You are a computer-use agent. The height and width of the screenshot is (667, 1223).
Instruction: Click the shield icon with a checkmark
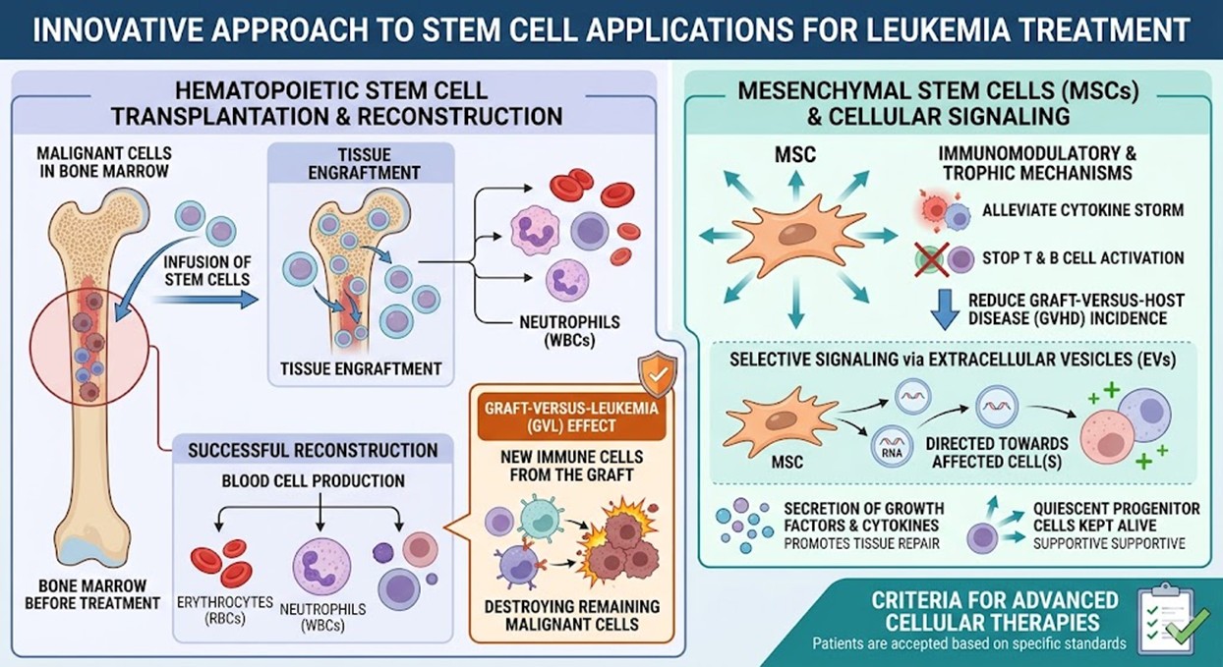[657, 373]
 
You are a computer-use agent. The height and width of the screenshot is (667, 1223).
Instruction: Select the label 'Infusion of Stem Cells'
[207, 271]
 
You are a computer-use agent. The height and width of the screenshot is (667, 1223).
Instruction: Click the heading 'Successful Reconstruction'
[313, 450]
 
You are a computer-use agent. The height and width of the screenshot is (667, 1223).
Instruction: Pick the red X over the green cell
[929, 258]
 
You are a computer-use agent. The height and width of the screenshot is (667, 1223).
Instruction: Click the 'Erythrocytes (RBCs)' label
[222, 609]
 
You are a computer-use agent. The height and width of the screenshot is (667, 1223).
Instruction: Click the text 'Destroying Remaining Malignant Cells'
[572, 615]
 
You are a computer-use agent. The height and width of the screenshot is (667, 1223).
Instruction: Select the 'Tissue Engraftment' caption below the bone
[361, 369]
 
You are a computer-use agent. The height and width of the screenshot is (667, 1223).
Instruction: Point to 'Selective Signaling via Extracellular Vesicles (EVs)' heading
[952, 360]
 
